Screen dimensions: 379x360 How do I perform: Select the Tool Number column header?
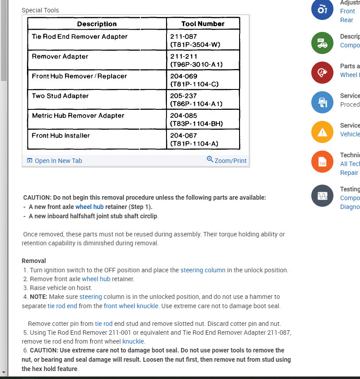203,24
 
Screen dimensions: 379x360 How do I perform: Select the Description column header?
97,24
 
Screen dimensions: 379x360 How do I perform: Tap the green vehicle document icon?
322,43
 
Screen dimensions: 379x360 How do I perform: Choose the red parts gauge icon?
322,73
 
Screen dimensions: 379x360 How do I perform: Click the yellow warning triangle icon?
322,131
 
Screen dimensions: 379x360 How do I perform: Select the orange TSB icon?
322,162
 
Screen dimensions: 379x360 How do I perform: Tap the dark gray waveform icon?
322,196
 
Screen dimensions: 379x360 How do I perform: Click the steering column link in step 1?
203,270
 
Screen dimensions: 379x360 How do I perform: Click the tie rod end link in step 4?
62,306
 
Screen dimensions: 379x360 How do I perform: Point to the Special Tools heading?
40,10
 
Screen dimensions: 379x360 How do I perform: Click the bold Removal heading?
34,261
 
